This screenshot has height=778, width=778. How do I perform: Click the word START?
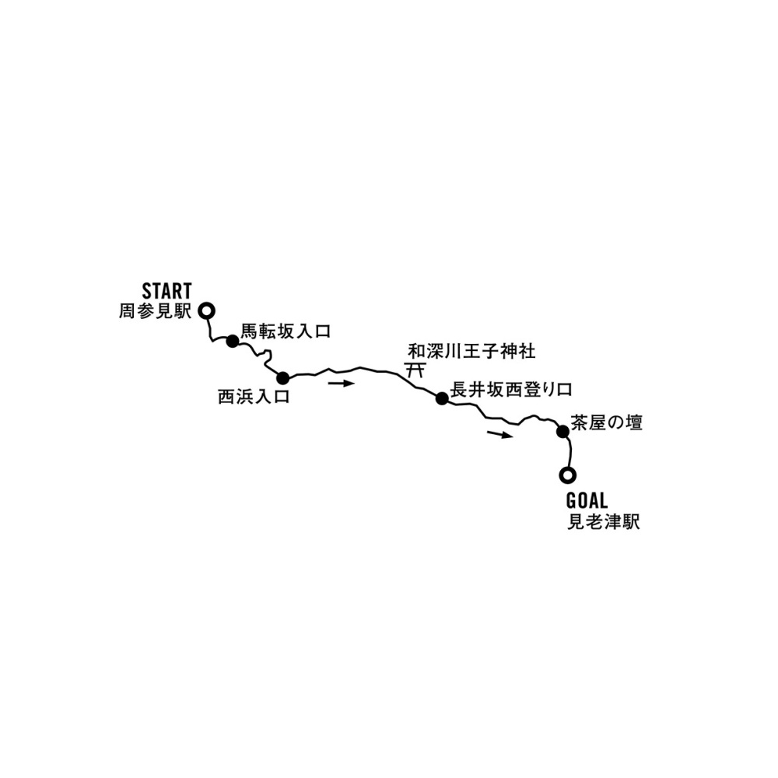[166, 291]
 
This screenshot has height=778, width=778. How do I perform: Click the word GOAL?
[587, 501]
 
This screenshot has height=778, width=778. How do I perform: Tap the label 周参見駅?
[155, 312]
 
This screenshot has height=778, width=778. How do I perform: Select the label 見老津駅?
[604, 522]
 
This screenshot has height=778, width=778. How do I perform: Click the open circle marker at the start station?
[206, 311]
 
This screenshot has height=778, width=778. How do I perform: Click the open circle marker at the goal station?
[568, 475]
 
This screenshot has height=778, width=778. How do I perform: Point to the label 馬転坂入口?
[286, 331]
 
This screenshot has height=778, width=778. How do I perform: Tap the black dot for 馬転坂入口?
[232, 342]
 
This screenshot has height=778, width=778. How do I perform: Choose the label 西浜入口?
[254, 397]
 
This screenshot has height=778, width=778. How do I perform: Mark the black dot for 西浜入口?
[282, 378]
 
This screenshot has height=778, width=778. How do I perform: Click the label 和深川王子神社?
[472, 352]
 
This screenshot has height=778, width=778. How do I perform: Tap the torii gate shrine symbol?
[415, 370]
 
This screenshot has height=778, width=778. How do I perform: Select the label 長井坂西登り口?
[512, 390]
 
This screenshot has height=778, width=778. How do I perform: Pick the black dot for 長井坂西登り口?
[442, 398]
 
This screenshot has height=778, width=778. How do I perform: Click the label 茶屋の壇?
[606, 422]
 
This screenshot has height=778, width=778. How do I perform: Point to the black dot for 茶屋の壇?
[562, 432]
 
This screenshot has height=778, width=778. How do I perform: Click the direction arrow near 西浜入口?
[342, 383]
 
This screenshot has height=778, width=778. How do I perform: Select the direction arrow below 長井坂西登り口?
[499, 435]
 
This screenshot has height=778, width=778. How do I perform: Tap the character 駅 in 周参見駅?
[183, 312]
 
